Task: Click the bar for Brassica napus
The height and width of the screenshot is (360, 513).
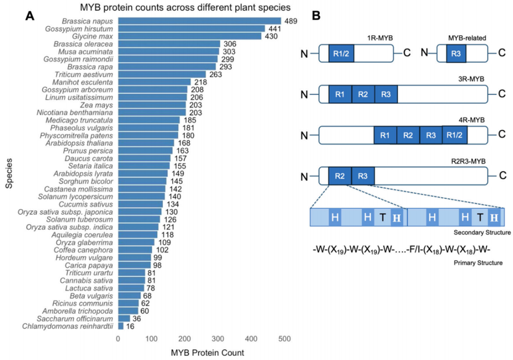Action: (x=191, y=20)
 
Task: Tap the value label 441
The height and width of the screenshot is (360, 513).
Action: (x=274, y=28)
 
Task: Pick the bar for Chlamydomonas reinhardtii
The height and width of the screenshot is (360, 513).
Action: (x=121, y=326)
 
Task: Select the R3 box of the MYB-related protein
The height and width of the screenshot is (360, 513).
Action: (x=456, y=54)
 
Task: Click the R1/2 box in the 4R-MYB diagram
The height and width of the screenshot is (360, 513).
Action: (x=455, y=135)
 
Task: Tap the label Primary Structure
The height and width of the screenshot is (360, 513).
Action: (x=484, y=263)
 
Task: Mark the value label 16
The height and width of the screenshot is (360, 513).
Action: (x=130, y=326)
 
